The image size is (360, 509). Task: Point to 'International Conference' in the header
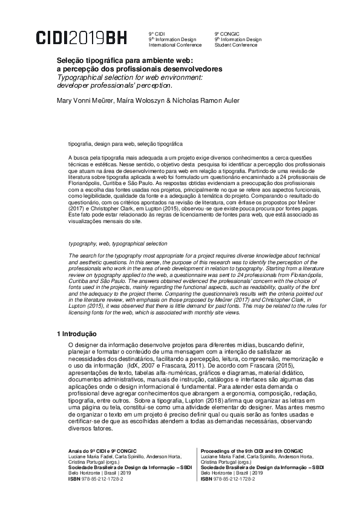(x=172, y=45)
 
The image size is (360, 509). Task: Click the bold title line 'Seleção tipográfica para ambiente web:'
(x=124, y=61)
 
